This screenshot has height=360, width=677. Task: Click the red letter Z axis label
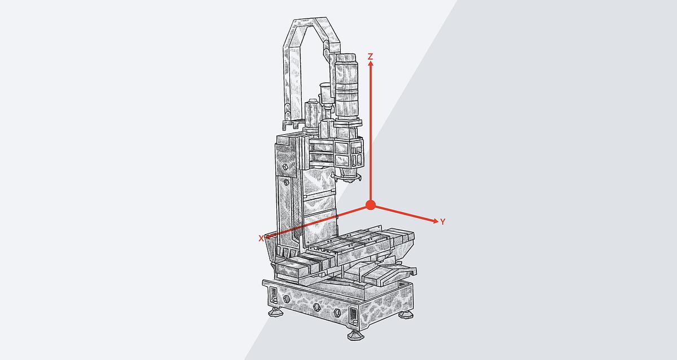370,56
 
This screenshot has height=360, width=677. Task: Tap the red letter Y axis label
442,222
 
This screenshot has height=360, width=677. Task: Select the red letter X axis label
261,239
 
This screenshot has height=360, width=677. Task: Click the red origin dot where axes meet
371,205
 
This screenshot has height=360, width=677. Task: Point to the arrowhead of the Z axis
371,63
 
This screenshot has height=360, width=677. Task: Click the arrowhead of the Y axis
436,221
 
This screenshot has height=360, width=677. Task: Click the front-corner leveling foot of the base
355,335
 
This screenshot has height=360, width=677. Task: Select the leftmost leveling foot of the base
275,312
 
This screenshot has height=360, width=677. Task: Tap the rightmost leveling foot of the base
406,314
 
